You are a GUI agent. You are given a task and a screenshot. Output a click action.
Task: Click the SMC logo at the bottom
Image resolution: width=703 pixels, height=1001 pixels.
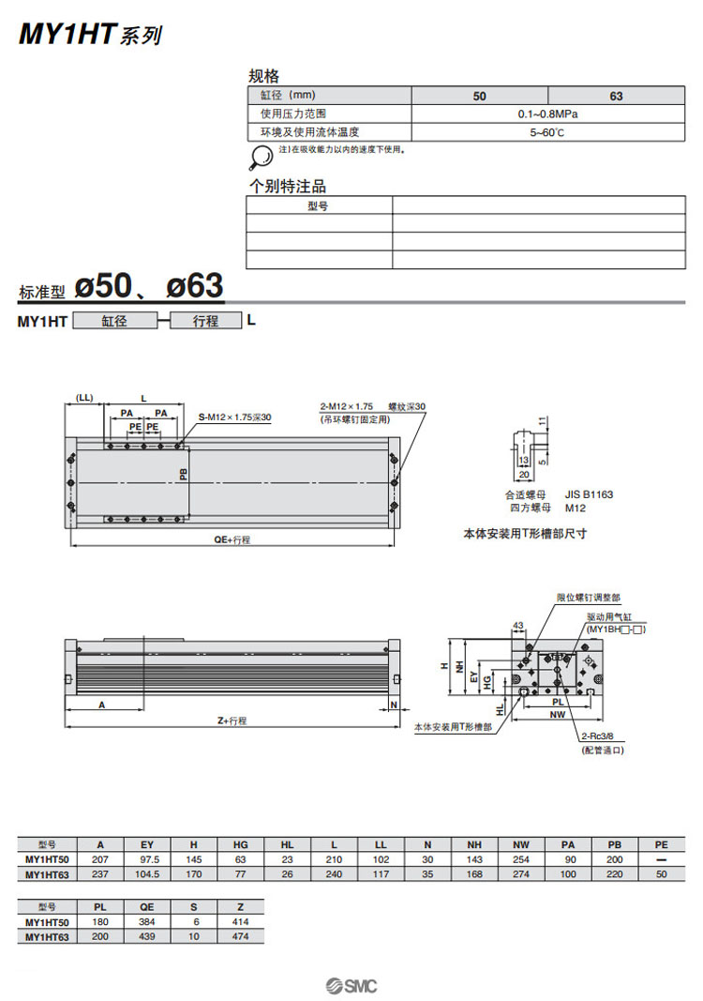click(351, 986)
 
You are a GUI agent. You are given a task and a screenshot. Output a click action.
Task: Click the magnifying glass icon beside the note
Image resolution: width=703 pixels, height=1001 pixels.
click(260, 157)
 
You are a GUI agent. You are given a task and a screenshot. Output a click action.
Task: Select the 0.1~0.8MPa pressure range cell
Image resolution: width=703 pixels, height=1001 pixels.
click(547, 114)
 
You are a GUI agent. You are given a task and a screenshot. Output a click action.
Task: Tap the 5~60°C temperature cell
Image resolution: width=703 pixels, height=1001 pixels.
click(547, 132)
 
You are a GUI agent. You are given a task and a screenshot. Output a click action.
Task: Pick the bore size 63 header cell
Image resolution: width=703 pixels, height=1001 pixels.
click(616, 96)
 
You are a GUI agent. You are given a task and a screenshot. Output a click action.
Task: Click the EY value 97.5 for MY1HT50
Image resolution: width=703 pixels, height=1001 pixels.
click(147, 859)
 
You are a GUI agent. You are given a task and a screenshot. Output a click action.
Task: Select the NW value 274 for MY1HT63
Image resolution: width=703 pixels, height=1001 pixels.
click(521, 874)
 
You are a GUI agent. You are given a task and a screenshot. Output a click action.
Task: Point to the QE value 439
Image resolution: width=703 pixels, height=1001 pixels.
click(147, 936)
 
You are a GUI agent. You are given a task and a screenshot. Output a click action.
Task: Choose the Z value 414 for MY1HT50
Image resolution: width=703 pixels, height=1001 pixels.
click(241, 922)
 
